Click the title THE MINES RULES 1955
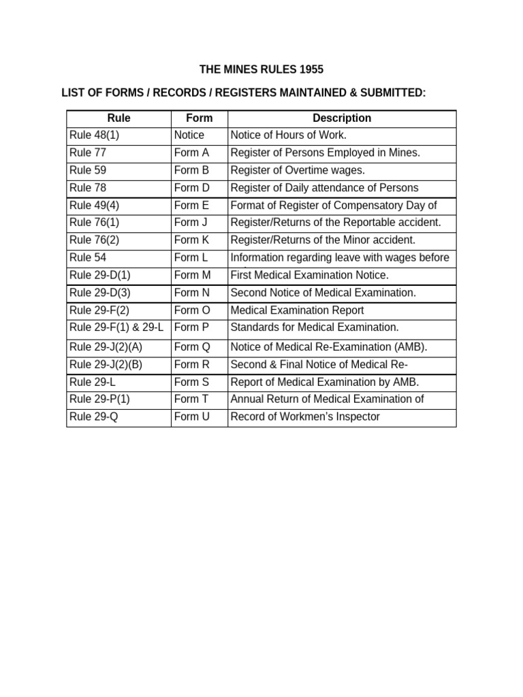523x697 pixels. click(x=261, y=69)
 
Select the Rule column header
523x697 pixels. click(x=118, y=118)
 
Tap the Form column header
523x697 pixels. click(x=199, y=118)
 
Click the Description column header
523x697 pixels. click(x=341, y=118)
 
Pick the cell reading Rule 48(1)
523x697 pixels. click(x=94, y=135)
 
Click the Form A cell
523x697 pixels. click(x=191, y=153)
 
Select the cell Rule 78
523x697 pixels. click(x=88, y=188)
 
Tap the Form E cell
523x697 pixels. click(x=191, y=206)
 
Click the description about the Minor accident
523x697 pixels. click(x=323, y=240)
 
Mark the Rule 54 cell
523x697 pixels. click(x=88, y=258)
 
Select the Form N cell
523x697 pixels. click(x=192, y=293)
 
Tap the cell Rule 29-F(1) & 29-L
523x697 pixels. click(x=116, y=327)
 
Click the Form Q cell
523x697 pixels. click(x=192, y=347)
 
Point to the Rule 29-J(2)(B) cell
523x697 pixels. click(x=106, y=364)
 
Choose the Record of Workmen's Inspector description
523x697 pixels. click(x=305, y=417)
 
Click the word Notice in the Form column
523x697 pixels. click(x=189, y=135)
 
